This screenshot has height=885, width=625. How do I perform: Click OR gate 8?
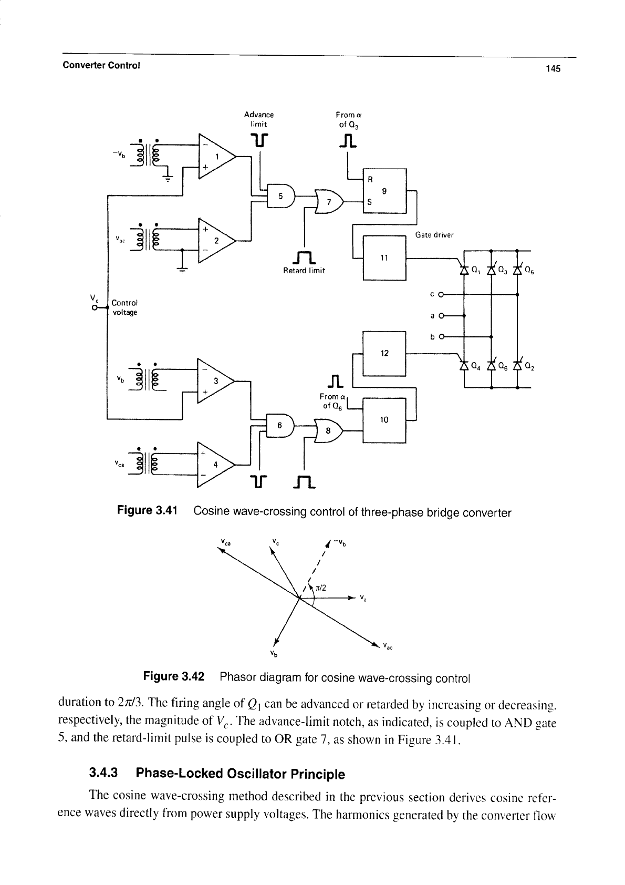[328, 431]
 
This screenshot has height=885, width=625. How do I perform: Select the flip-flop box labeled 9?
[384, 191]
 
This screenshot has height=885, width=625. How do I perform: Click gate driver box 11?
[384, 258]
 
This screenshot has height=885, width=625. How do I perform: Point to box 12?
[384, 354]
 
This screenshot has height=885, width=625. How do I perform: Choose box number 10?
[384, 420]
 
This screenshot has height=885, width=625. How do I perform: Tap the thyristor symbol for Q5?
[517, 270]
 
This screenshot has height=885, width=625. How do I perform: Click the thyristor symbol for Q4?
[464, 365]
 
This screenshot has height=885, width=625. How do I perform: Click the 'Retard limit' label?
[304, 271]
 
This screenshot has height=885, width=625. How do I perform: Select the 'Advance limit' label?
[258, 119]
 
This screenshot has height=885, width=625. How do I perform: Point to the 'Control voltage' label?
[125, 307]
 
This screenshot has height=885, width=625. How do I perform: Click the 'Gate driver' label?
[434, 235]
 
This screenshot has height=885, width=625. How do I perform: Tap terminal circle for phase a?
[441, 316]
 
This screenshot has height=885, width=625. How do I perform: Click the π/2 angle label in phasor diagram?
[321, 588]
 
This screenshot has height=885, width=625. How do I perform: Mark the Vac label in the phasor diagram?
[388, 646]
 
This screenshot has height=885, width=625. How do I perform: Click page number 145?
[553, 69]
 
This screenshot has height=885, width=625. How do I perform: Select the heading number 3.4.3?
[103, 773]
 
